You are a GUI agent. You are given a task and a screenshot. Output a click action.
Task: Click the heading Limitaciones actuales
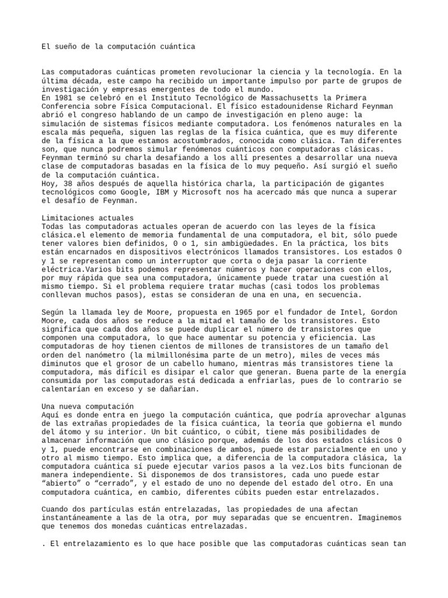87,218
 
